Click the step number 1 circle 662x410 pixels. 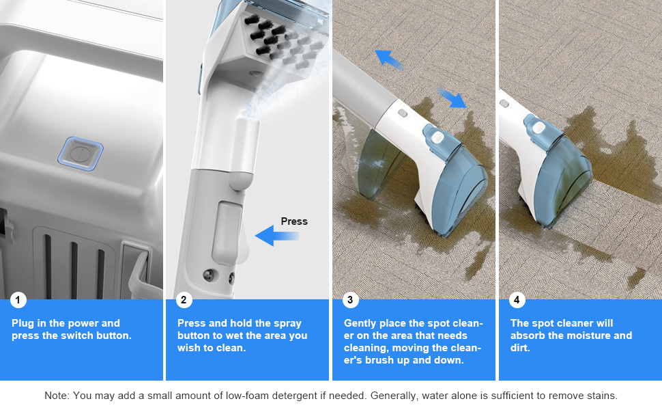click(x=18, y=300)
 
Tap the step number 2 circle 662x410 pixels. click(x=184, y=300)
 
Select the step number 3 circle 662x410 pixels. click(x=350, y=300)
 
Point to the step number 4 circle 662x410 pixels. click(x=517, y=300)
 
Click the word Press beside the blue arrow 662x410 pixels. click(x=294, y=221)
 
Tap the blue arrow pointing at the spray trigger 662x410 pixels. click(x=276, y=236)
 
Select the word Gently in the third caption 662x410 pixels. click(x=360, y=323)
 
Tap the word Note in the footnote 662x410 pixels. click(x=56, y=395)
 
